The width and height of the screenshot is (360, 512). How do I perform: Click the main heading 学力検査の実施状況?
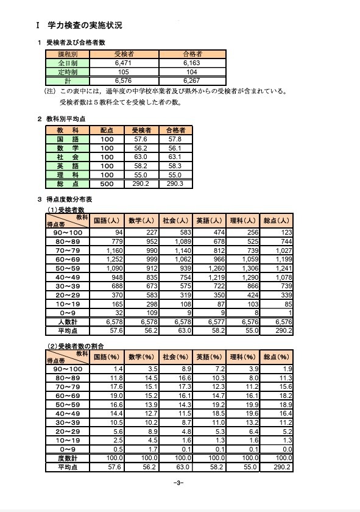coord(85,26)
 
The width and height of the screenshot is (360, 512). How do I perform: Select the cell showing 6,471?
coord(115,63)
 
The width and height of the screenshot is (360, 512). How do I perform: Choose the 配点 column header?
coord(107,130)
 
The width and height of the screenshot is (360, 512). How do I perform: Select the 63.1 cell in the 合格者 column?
coord(174,156)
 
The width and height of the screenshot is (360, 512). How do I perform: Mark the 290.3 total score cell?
coord(174,183)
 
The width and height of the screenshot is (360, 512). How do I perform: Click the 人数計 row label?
coord(68,321)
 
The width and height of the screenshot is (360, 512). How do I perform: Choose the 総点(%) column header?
coord(276,357)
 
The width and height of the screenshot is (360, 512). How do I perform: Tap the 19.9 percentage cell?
coord(242,404)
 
